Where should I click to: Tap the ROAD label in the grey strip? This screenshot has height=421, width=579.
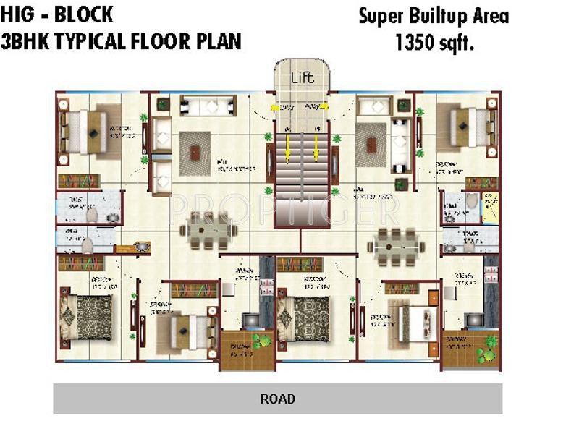[278, 399]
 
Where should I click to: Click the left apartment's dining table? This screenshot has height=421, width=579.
[208, 231]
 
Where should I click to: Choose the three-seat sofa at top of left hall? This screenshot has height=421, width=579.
[208, 106]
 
